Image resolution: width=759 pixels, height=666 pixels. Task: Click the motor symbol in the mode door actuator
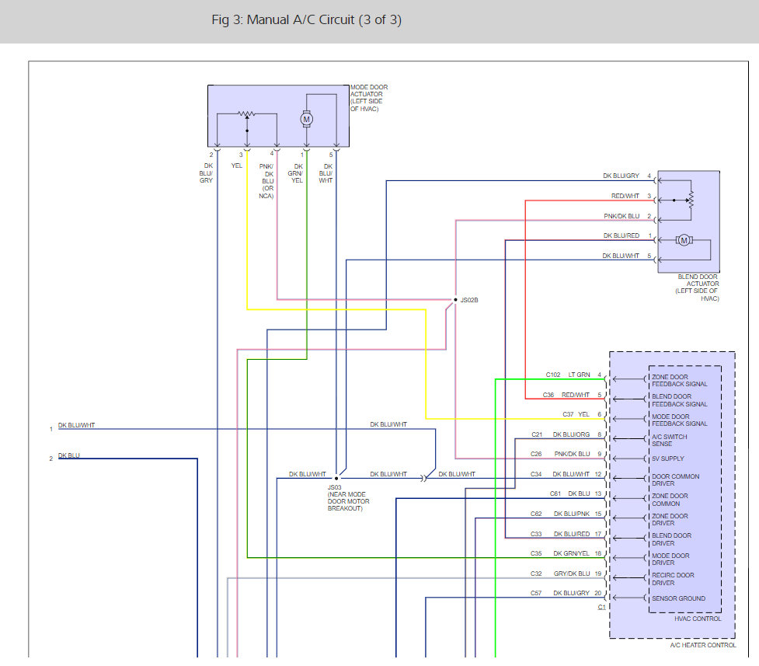tap(306, 119)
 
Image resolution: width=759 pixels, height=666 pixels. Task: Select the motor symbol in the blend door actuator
tap(684, 240)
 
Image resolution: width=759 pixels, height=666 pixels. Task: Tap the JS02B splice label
tap(469, 300)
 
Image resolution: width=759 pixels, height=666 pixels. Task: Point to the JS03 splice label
tap(335, 487)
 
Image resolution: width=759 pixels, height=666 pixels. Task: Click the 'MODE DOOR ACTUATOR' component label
tap(369, 98)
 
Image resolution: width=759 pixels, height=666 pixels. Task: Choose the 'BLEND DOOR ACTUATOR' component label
tap(697, 288)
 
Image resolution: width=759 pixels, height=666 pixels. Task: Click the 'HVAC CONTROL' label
tap(698, 619)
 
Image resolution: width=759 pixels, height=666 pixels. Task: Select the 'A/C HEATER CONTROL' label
tap(703, 645)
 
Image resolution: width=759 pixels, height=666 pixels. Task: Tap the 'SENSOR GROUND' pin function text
tap(678, 598)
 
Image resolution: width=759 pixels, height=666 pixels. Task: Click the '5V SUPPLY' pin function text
tap(667, 459)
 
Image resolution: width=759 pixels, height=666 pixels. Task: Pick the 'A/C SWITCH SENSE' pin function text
tap(669, 440)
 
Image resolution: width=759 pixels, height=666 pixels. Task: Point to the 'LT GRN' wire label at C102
tap(579, 375)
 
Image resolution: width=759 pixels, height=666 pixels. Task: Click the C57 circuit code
tap(536, 593)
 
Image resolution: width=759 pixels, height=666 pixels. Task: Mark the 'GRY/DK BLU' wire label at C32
tap(572, 574)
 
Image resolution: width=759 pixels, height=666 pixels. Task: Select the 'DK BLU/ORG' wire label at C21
tap(571, 434)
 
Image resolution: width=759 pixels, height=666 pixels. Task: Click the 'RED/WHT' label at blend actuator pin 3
tap(625, 196)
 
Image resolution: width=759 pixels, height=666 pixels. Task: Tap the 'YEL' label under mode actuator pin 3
tap(237, 166)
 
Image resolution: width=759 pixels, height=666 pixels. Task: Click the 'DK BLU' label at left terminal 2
tap(68, 455)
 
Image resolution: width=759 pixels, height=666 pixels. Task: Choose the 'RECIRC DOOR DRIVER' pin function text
tap(673, 579)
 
